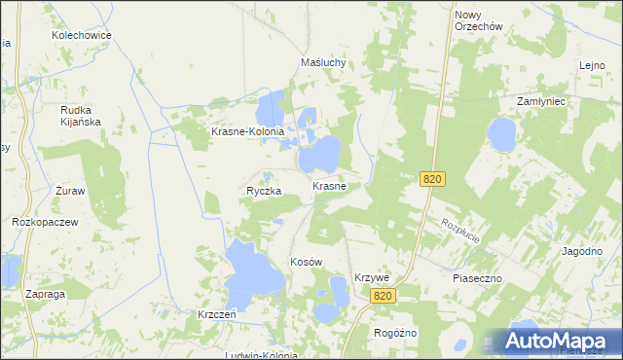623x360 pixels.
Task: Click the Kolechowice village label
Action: click(83, 35)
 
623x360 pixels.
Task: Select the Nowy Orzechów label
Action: click(477, 20)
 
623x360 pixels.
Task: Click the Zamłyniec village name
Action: click(548, 101)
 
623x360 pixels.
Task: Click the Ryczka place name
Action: click(264, 192)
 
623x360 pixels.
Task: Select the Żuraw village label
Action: click(70, 191)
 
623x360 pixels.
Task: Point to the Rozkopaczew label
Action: click(45, 222)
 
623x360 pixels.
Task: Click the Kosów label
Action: click(306, 263)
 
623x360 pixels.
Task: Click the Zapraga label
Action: click(46, 293)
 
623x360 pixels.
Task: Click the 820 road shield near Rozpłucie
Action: click(434, 179)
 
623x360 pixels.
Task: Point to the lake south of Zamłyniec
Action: click(502, 135)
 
